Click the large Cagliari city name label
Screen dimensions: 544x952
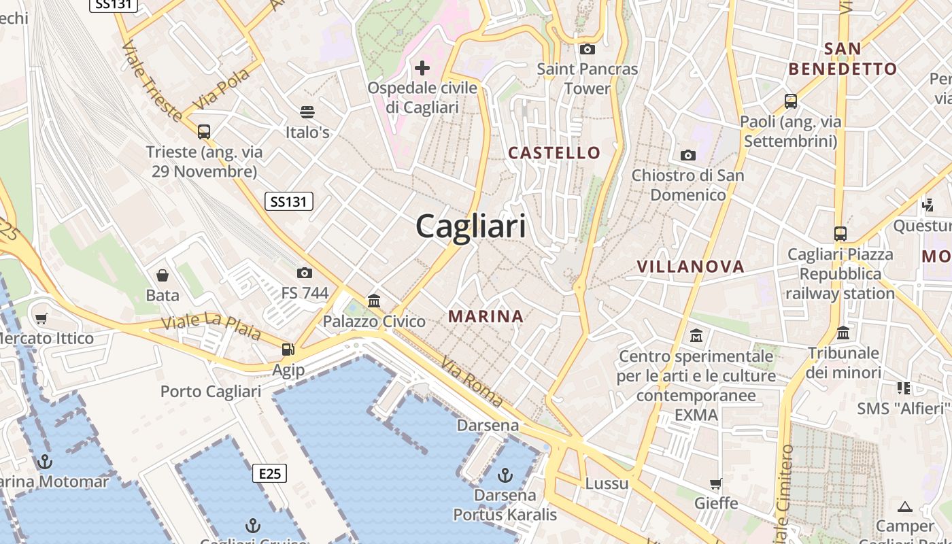coord(471,226)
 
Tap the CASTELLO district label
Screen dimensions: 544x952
coord(554,153)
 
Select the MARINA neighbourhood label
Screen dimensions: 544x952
coord(486,316)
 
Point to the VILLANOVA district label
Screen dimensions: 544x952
coord(690,267)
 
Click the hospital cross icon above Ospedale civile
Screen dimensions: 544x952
coord(422,67)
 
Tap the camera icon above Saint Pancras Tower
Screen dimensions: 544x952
coord(587,49)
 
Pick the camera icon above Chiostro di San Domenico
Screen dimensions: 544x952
coord(688,155)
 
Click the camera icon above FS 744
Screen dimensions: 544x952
coord(305,273)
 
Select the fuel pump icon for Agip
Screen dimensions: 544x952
coord(288,350)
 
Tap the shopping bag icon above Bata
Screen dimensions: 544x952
coord(163,275)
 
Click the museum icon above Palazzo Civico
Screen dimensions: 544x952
coord(374,301)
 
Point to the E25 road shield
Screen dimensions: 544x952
coord(269,473)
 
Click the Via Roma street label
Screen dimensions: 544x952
coord(472,382)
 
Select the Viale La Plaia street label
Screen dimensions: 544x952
coord(211,327)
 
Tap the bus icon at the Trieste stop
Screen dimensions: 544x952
coord(204,132)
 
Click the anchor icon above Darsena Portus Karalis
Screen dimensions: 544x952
coord(505,474)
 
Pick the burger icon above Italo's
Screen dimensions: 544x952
coord(307,112)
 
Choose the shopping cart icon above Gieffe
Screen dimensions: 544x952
coord(716,483)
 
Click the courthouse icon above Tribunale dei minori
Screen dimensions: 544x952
coord(843,333)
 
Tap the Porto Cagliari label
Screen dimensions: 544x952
coord(211,392)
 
